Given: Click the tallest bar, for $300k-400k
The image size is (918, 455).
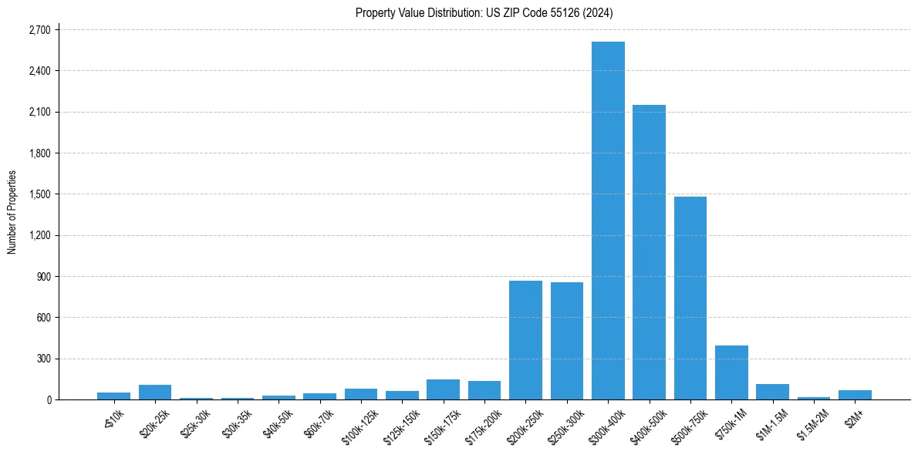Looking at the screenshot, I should point(608,224).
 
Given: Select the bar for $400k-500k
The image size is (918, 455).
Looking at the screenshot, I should point(649,254).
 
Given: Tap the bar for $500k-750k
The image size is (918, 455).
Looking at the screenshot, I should point(690,301).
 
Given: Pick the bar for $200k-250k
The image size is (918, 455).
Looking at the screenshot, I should point(525,341).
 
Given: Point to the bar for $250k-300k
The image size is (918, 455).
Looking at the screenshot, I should point(567,342).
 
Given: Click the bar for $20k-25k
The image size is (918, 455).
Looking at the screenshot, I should point(155,392).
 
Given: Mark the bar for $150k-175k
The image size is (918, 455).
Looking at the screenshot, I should point(443,389).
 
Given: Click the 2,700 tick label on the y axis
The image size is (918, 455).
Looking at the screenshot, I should point(39,30).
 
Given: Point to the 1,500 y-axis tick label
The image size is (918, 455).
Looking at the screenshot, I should point(39,194).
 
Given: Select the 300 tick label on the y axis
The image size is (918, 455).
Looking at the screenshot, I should point(43,359).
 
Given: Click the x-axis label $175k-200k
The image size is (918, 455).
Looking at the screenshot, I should point(484,423).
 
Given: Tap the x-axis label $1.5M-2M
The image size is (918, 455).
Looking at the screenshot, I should point(813,421).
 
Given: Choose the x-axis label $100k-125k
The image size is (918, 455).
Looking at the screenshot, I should point(360,423).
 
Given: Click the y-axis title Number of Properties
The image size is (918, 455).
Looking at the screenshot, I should point(12,212).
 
